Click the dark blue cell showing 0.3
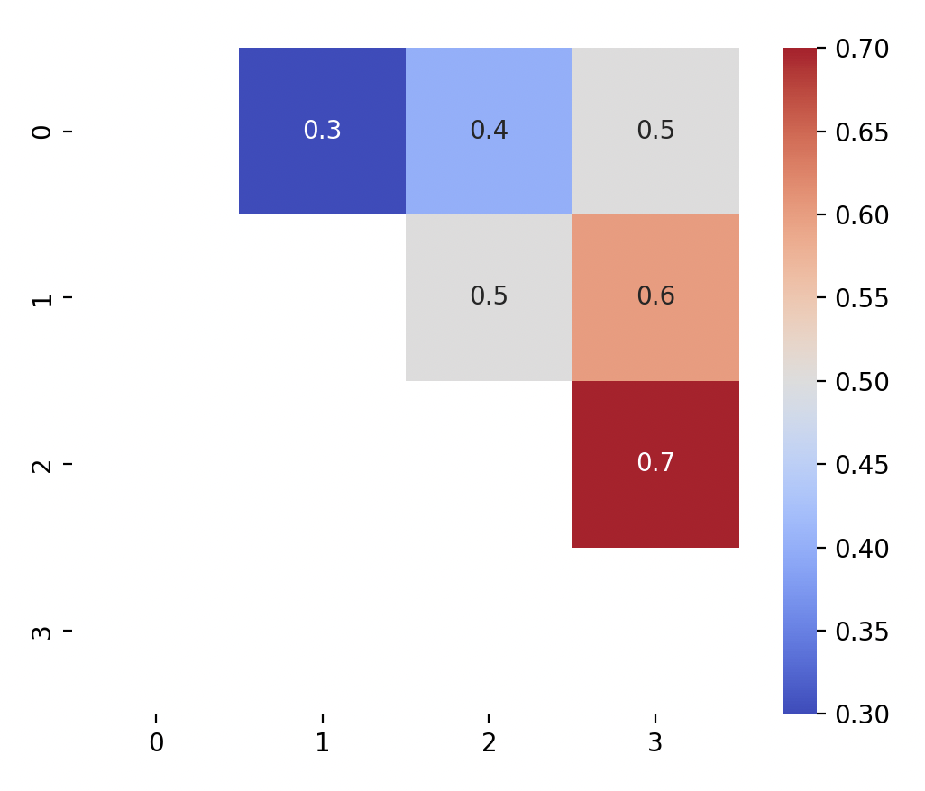click(x=322, y=131)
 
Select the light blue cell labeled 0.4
click(x=489, y=131)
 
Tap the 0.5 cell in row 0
click(x=655, y=131)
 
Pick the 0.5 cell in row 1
click(x=489, y=296)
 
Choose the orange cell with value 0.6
click(x=655, y=296)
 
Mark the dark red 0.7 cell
click(x=655, y=463)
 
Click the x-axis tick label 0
click(x=156, y=743)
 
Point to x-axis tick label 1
click(x=322, y=743)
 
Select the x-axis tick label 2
click(x=489, y=743)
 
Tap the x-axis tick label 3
click(x=655, y=743)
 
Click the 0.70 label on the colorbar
click(x=862, y=49)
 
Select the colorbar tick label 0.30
click(x=862, y=714)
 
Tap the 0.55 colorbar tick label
click(x=862, y=298)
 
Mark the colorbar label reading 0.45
click(x=862, y=465)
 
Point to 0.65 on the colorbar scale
click(x=862, y=132)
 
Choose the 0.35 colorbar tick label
click(x=862, y=631)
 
